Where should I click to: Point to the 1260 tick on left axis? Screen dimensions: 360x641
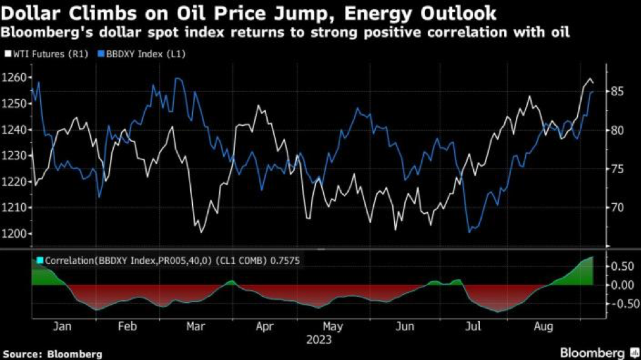point(13,78)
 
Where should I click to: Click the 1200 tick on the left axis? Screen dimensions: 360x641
point(13,234)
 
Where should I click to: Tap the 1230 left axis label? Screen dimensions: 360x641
point(13,156)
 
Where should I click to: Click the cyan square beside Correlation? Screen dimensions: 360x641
point(39,261)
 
